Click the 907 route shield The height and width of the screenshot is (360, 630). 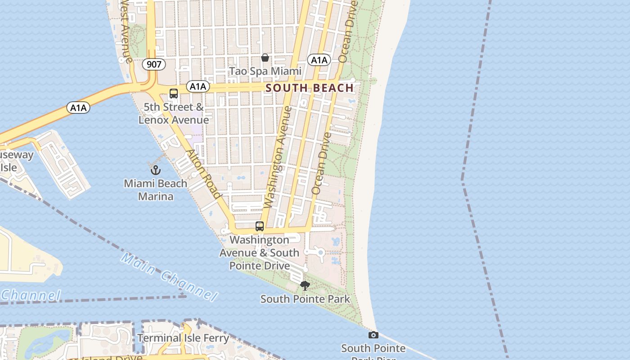point(154,64)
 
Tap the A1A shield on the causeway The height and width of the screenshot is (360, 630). point(78,108)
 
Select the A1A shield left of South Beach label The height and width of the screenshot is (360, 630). point(198,86)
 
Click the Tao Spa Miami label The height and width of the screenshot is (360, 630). point(265,71)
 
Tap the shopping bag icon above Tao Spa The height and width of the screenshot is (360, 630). point(265,58)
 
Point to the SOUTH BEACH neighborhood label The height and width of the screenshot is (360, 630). point(310,88)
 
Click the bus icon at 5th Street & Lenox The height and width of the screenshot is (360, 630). point(174,94)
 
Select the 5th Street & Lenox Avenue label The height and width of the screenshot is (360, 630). point(174,113)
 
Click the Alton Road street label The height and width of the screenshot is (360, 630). point(204,174)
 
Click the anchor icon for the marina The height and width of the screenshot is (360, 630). point(155,170)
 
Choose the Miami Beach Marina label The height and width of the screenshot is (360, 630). point(155,190)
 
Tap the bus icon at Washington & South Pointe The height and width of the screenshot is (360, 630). point(260,226)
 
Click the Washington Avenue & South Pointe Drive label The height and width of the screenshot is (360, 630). point(260,252)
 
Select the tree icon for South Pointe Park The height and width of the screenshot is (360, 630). point(305,286)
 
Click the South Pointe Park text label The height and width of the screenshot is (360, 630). point(305,299)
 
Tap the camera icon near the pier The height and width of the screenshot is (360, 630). point(373,335)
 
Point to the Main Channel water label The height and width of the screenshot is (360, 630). point(169,277)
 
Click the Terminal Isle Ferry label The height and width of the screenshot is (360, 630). point(183,338)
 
